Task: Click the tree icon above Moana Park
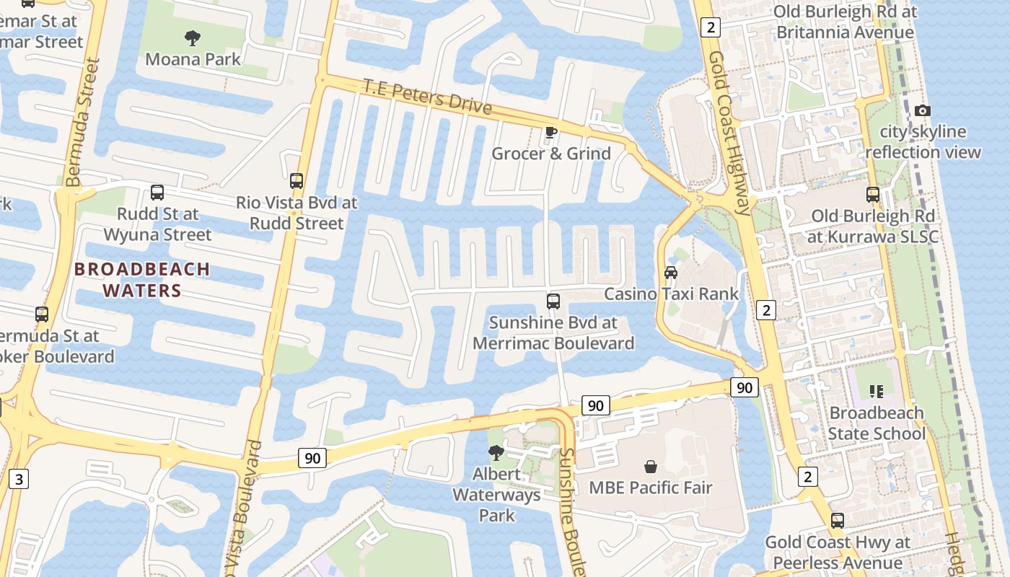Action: pos(193,37)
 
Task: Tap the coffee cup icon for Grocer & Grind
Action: pos(551,132)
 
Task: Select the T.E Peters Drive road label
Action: pos(427,97)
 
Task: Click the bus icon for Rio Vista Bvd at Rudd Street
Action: pos(296,181)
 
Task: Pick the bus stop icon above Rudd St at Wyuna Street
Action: pos(157,193)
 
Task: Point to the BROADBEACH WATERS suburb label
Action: pos(142,280)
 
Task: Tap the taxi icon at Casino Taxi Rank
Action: pos(671,273)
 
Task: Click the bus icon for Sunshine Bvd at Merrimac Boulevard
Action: pos(553,301)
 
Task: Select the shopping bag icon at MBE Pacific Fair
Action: pos(651,467)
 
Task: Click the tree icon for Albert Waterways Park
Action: pos(496,452)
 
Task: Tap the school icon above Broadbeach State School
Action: pos(877,392)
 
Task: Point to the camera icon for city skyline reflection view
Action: pos(922,110)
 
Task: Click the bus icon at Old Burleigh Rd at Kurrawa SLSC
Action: pos(873,194)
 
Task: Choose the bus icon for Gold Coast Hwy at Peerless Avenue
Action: pos(837,520)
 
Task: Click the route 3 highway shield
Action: pos(19,478)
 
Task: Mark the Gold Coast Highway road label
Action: pos(729,133)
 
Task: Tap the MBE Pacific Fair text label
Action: pos(651,488)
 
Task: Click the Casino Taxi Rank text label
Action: pos(671,294)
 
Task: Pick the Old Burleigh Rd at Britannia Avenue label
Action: pos(845,22)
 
